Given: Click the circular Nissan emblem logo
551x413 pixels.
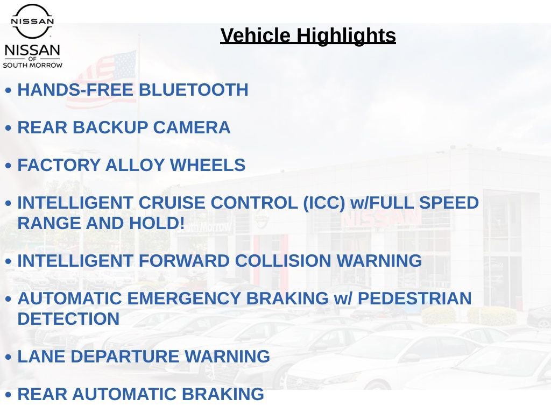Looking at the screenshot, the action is click(x=32, y=21).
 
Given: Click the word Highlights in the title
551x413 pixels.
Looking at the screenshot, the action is click(x=346, y=35).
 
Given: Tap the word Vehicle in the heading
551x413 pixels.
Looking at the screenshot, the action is click(x=255, y=35).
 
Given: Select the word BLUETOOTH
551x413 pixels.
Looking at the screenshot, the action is click(x=194, y=90).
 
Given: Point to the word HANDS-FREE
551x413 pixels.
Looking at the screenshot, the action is click(x=75, y=90).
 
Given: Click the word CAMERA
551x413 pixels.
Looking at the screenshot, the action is click(x=192, y=127).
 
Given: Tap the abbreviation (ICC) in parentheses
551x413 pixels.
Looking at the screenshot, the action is click(x=324, y=203).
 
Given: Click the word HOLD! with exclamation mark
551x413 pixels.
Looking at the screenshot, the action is click(x=157, y=223).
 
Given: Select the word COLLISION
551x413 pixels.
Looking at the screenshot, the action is click(x=283, y=261).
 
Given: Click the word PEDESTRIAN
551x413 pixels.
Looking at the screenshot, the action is click(x=414, y=298).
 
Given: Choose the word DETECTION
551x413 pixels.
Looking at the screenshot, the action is click(x=68, y=319).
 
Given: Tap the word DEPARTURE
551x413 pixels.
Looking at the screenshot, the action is click(x=125, y=357).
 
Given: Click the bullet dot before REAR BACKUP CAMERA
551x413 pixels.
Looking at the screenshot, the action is click(x=9, y=128).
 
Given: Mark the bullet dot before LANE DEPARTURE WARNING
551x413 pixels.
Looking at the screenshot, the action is click(x=9, y=357).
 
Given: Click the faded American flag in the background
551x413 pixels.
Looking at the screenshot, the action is click(x=101, y=80).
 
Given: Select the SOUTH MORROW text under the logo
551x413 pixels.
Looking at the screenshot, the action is click(x=33, y=65).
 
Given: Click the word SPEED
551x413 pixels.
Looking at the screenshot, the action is click(x=449, y=203).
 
